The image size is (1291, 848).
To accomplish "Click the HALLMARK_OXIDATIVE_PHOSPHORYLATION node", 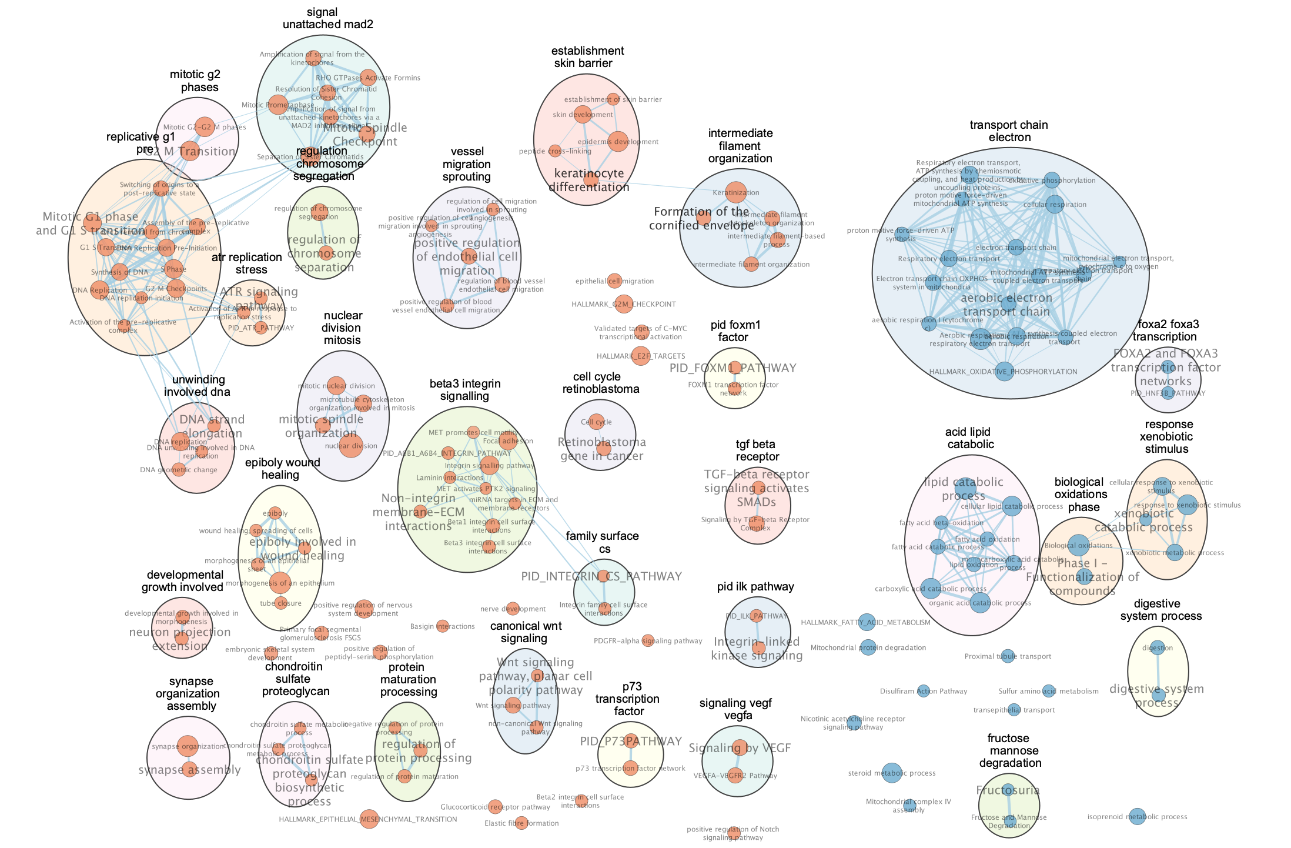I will (x=1004, y=372).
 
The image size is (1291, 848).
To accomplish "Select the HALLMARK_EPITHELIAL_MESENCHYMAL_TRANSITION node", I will (x=369, y=819).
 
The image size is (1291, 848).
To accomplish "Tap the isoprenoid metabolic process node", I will (x=1137, y=816).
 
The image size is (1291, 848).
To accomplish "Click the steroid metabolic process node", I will (x=891, y=773).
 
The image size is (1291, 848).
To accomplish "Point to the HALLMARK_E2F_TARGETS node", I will (x=641, y=356).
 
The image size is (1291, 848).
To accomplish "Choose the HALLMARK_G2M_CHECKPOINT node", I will (x=624, y=304).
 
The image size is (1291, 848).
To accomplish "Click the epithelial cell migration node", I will (x=614, y=281).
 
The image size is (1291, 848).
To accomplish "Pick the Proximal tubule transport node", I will (x=1008, y=656).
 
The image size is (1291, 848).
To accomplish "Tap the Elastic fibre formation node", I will (x=520, y=823).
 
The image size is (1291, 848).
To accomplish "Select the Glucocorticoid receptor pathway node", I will (x=496, y=806).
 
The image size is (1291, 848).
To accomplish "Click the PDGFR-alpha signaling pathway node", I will (x=648, y=640).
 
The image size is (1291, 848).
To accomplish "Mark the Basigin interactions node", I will (x=443, y=626).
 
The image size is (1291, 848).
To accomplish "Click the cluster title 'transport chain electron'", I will (x=1009, y=131).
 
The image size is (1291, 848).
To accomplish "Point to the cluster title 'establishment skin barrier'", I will (x=587, y=57).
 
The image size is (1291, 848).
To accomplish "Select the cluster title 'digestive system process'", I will (x=1160, y=610).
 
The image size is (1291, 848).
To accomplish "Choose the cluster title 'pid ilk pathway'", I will (x=755, y=586).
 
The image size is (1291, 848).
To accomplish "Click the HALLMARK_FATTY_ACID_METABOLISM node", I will (x=867, y=622).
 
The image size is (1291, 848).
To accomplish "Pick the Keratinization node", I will (x=736, y=192).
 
